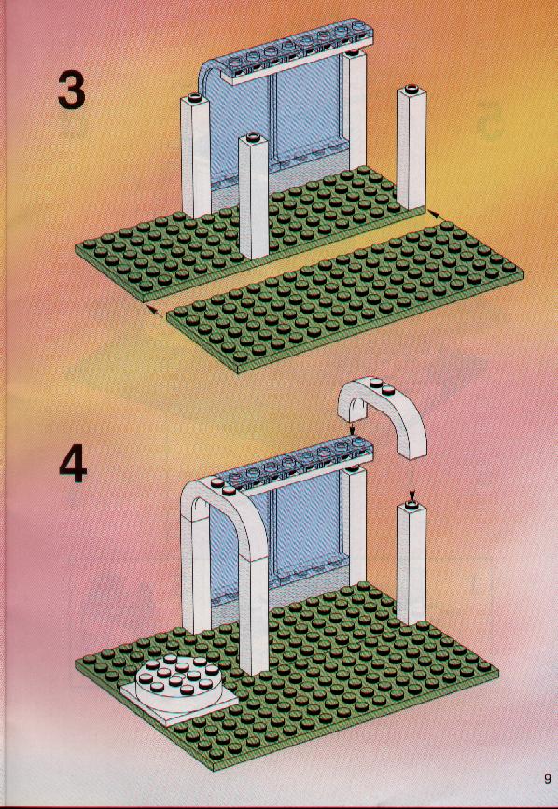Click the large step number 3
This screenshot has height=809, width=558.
pos(72,90)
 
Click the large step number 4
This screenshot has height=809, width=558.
pos(73,464)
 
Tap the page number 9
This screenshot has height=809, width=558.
pos(547,779)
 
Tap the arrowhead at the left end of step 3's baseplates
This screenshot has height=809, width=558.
pos(150,308)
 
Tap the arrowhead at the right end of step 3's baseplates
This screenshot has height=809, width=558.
pos(433,212)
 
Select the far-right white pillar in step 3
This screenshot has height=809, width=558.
pos(411,147)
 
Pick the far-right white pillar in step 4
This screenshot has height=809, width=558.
pos(411,563)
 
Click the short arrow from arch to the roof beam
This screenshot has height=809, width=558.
pos(352,425)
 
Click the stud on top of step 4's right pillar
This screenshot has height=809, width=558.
pos(412,503)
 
